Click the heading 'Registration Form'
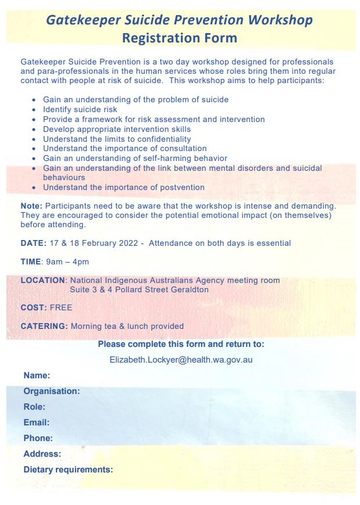click(x=180, y=38)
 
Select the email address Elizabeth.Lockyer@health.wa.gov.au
click(x=181, y=360)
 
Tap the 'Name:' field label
click(x=37, y=375)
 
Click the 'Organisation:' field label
click(x=52, y=391)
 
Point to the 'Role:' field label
click(x=34, y=407)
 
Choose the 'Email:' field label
click(x=36, y=422)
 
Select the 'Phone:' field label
click(x=38, y=438)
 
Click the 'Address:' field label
click(x=42, y=454)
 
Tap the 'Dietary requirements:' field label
click(x=68, y=470)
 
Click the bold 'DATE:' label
click(x=33, y=243)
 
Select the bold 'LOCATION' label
click(x=43, y=280)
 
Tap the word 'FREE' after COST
click(x=61, y=307)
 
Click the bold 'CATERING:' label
click(x=44, y=326)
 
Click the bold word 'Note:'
click(x=31, y=206)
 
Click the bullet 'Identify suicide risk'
click(x=80, y=109)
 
